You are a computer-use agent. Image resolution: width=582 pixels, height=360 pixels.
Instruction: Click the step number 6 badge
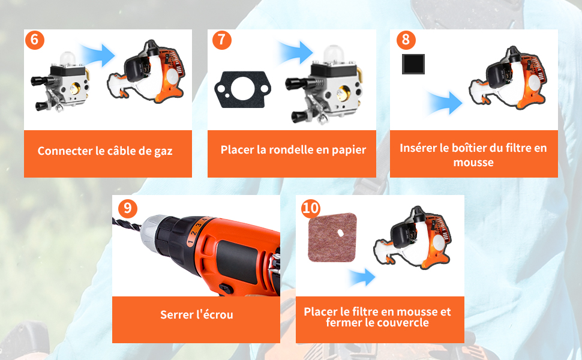[35, 40]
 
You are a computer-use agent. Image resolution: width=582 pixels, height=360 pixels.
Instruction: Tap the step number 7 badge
[221, 40]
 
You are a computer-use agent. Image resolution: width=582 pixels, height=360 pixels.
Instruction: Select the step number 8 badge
[406, 40]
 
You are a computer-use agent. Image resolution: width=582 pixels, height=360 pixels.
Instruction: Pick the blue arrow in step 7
[296, 52]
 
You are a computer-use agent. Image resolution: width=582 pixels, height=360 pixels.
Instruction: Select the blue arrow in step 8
[445, 103]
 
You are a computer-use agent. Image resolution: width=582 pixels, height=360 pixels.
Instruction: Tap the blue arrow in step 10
[362, 277]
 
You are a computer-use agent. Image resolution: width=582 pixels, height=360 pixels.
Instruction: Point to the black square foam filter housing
[413, 64]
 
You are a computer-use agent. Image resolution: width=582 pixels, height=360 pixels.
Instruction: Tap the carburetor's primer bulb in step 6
[68, 59]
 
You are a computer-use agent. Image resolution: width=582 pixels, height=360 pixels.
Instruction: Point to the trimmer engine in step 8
[509, 78]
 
